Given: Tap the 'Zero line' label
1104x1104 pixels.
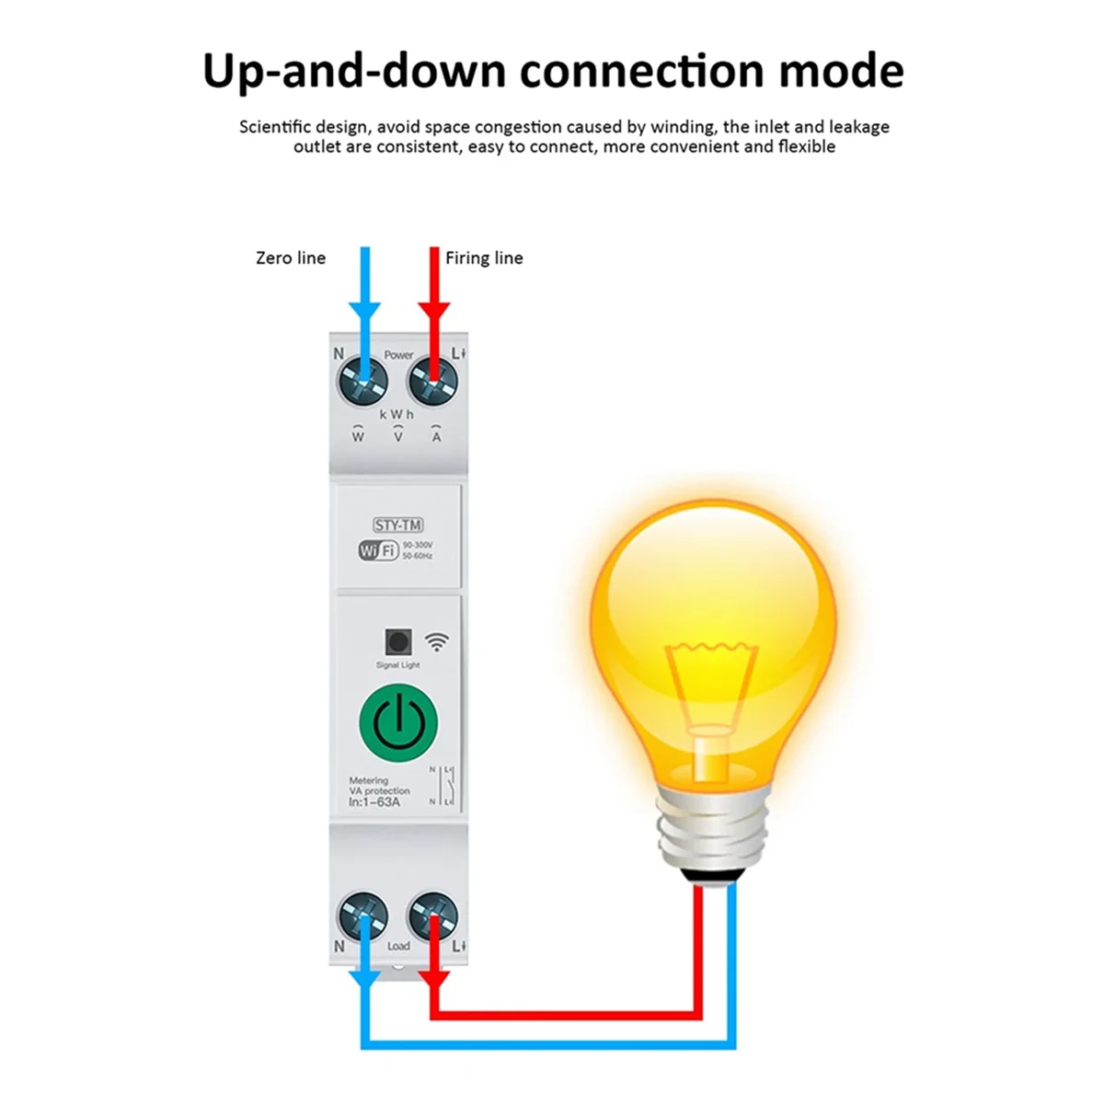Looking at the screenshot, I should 291,259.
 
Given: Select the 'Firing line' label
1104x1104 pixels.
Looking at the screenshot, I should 484,259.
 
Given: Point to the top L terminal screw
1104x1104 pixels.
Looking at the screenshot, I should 433,379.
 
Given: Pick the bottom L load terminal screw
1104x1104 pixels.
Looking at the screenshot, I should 433,916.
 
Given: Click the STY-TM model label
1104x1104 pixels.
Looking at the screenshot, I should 398,525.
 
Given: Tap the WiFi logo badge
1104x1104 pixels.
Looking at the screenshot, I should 378,550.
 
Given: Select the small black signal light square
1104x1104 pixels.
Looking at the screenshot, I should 398,641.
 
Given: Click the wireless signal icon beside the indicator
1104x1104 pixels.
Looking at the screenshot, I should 438,641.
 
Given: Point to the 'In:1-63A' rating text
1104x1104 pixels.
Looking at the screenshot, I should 374,802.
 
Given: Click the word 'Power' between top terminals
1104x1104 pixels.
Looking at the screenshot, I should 398,355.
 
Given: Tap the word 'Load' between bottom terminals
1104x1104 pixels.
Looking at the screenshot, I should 398,946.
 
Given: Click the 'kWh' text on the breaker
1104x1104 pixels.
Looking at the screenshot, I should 397,415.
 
